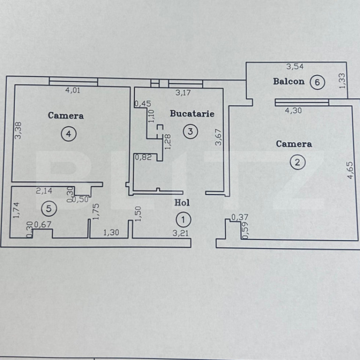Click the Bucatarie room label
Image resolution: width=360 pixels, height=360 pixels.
(192, 113)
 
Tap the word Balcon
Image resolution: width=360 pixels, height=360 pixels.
(289, 81)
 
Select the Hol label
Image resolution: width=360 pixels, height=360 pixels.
(182, 202)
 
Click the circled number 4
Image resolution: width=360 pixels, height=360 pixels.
(68, 134)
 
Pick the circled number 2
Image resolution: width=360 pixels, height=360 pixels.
(298, 162)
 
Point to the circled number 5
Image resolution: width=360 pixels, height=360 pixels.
(49, 209)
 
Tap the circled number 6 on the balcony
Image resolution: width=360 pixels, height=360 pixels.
(317, 82)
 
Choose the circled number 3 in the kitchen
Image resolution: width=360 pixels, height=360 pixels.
(190, 131)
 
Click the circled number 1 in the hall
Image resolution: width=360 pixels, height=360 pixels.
(183, 220)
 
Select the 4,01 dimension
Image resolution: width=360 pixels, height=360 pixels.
(73, 90)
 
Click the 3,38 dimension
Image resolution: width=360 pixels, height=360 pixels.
(18, 130)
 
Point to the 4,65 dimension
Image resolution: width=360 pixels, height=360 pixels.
(350, 170)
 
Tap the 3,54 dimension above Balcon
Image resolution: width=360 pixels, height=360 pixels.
(295, 67)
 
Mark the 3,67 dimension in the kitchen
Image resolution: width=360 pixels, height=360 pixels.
(218, 137)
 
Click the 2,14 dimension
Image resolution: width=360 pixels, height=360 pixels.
(44, 191)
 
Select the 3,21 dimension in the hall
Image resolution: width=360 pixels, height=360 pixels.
(180, 233)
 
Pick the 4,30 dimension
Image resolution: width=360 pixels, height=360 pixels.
(293, 111)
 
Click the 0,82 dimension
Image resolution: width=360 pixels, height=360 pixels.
(143, 157)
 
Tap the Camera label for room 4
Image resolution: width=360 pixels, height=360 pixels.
(66, 115)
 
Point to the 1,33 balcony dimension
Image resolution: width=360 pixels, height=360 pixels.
(342, 81)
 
